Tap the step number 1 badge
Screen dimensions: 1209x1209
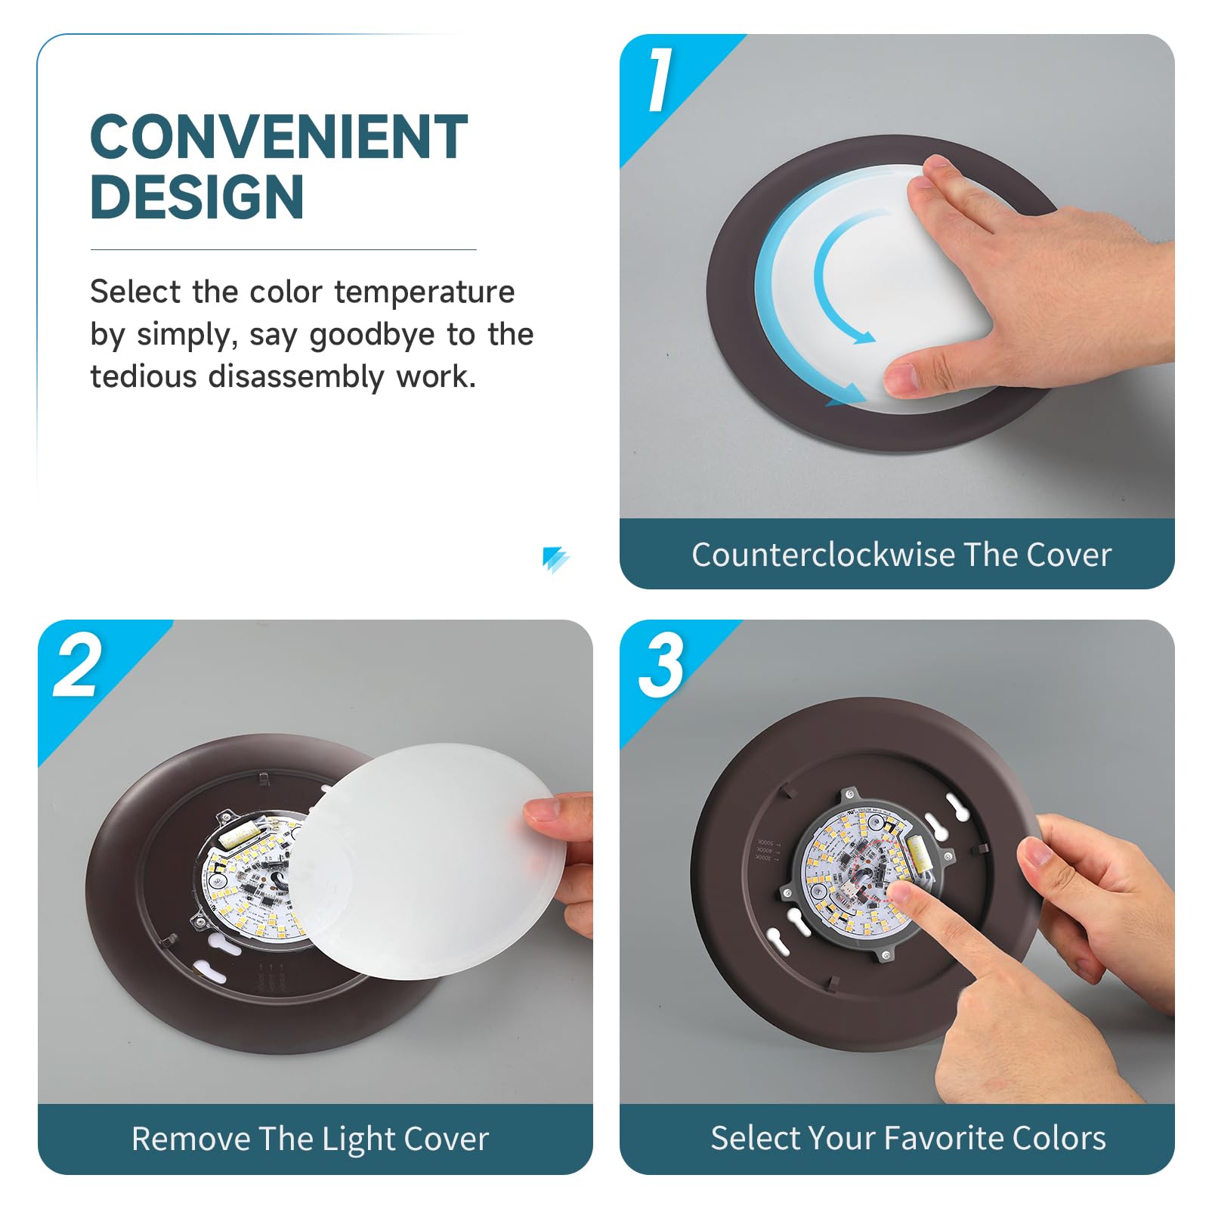(x=659, y=79)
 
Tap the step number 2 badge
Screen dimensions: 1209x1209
(x=77, y=665)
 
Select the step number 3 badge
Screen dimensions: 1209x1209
(x=661, y=665)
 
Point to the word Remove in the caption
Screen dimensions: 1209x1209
(x=190, y=1139)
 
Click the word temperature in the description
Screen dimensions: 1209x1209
(x=424, y=292)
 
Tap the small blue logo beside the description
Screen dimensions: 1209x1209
(x=555, y=559)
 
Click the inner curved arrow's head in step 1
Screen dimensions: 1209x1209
(x=864, y=337)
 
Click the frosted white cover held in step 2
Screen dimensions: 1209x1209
(x=423, y=861)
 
